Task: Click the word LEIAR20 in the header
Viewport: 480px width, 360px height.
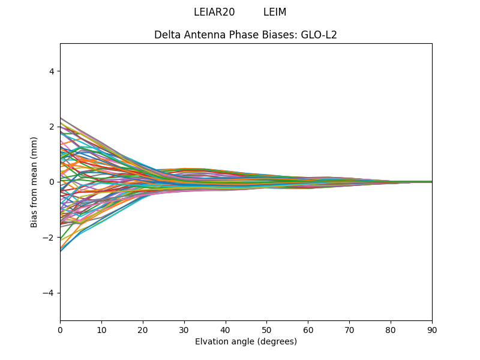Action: pyautogui.click(x=214, y=12)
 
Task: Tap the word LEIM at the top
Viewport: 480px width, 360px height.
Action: pyautogui.click(x=275, y=12)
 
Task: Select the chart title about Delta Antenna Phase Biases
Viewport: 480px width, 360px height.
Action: pyautogui.click(x=245, y=35)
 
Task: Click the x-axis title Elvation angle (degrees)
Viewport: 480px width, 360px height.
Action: pyautogui.click(x=245, y=341)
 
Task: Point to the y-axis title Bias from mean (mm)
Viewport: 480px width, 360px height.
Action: pyautogui.click(x=34, y=182)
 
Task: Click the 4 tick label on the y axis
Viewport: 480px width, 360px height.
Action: pyautogui.click(x=52, y=71)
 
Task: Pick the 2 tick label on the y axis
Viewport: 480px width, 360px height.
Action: pyautogui.click(x=52, y=127)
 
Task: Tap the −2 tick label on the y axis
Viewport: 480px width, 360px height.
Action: pyautogui.click(x=49, y=238)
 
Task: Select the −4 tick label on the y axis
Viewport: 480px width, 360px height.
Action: pyautogui.click(x=49, y=293)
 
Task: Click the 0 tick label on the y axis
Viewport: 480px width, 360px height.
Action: pyautogui.click(x=52, y=182)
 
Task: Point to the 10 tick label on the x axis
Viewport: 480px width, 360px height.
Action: pyautogui.click(x=101, y=329)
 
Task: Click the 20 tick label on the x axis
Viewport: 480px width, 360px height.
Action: pyautogui.click(x=143, y=329)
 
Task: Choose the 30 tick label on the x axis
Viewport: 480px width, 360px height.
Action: pyautogui.click(x=184, y=329)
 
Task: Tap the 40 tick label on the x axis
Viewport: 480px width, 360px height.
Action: pyautogui.click(x=226, y=329)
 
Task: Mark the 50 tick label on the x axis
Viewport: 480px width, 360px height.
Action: pyautogui.click(x=266, y=329)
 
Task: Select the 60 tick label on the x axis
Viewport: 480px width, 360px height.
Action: pyautogui.click(x=308, y=329)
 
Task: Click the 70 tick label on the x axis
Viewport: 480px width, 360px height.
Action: pyautogui.click(x=349, y=329)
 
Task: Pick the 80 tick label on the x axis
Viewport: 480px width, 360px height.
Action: pyautogui.click(x=391, y=329)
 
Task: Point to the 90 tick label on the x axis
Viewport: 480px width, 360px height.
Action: pyautogui.click(x=432, y=329)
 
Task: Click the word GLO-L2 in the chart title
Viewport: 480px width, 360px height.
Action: pyautogui.click(x=319, y=35)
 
